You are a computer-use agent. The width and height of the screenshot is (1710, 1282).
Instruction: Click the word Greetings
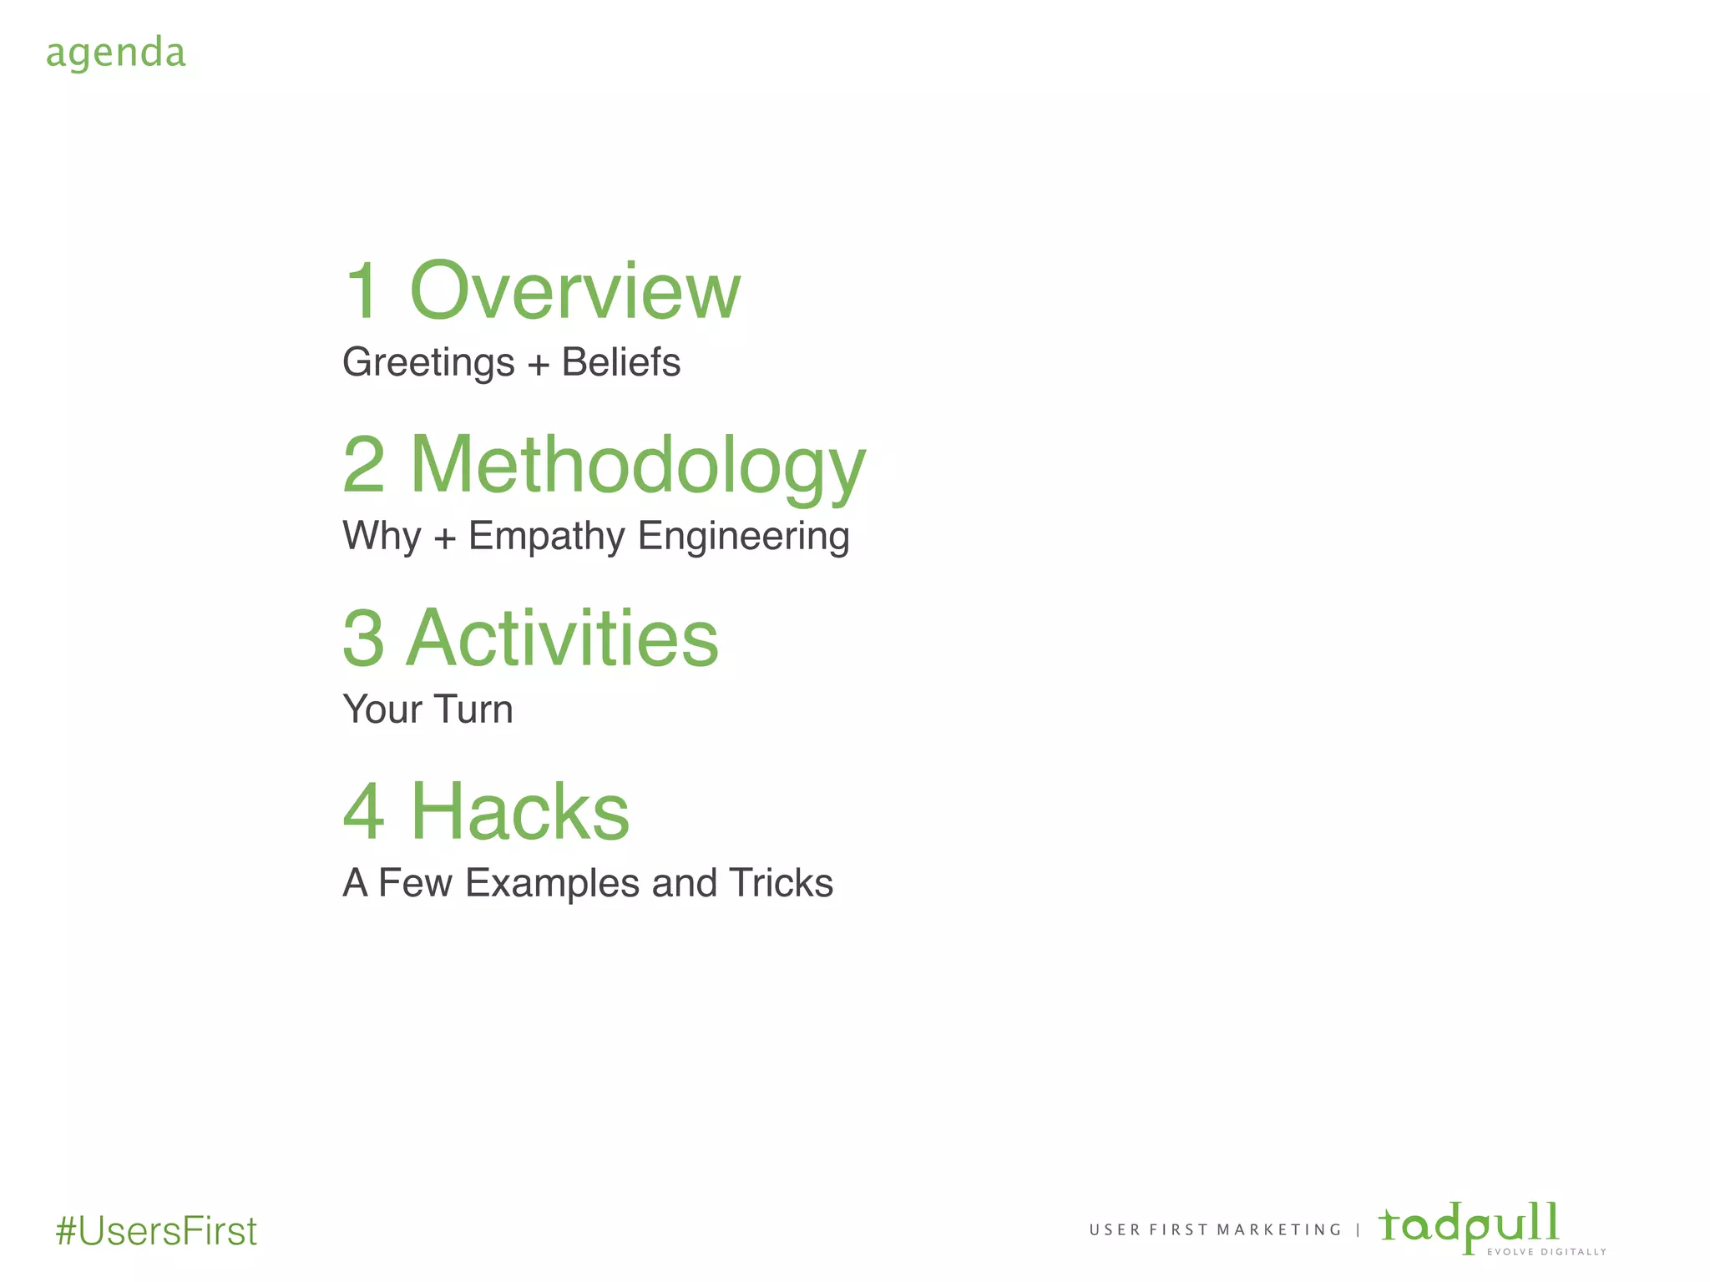pyautogui.click(x=428, y=363)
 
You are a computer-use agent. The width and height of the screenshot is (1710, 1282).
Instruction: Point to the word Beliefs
pyautogui.click(x=620, y=362)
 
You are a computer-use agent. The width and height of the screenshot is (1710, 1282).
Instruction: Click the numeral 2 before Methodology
pyautogui.click(x=364, y=465)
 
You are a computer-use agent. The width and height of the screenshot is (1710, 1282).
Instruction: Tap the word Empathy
pyautogui.click(x=546, y=537)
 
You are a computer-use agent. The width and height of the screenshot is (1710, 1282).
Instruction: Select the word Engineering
pyautogui.click(x=743, y=537)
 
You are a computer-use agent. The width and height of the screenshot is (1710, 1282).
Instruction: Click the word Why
pyautogui.click(x=382, y=537)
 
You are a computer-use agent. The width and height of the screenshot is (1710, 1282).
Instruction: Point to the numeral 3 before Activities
pyautogui.click(x=364, y=638)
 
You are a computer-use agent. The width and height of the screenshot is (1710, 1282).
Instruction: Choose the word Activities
pyautogui.click(x=562, y=638)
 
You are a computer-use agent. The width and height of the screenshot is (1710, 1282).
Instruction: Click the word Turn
pyautogui.click(x=473, y=709)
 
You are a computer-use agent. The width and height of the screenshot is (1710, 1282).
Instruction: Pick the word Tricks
pyautogui.click(x=781, y=883)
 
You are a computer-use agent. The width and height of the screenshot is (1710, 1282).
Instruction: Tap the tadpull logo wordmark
pyautogui.click(x=1469, y=1225)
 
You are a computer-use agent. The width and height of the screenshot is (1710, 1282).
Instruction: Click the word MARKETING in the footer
pyautogui.click(x=1278, y=1230)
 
